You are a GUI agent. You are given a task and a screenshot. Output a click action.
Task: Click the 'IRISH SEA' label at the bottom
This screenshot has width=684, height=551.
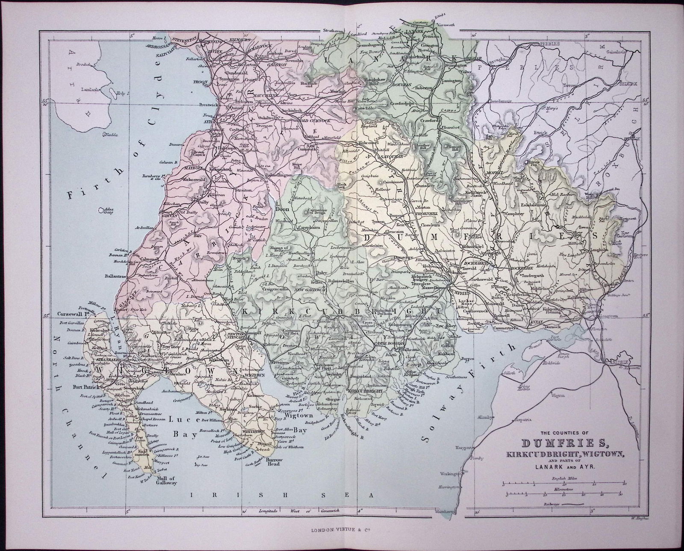(282, 495)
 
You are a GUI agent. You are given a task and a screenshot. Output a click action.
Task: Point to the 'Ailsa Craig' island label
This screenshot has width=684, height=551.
(105, 211)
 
